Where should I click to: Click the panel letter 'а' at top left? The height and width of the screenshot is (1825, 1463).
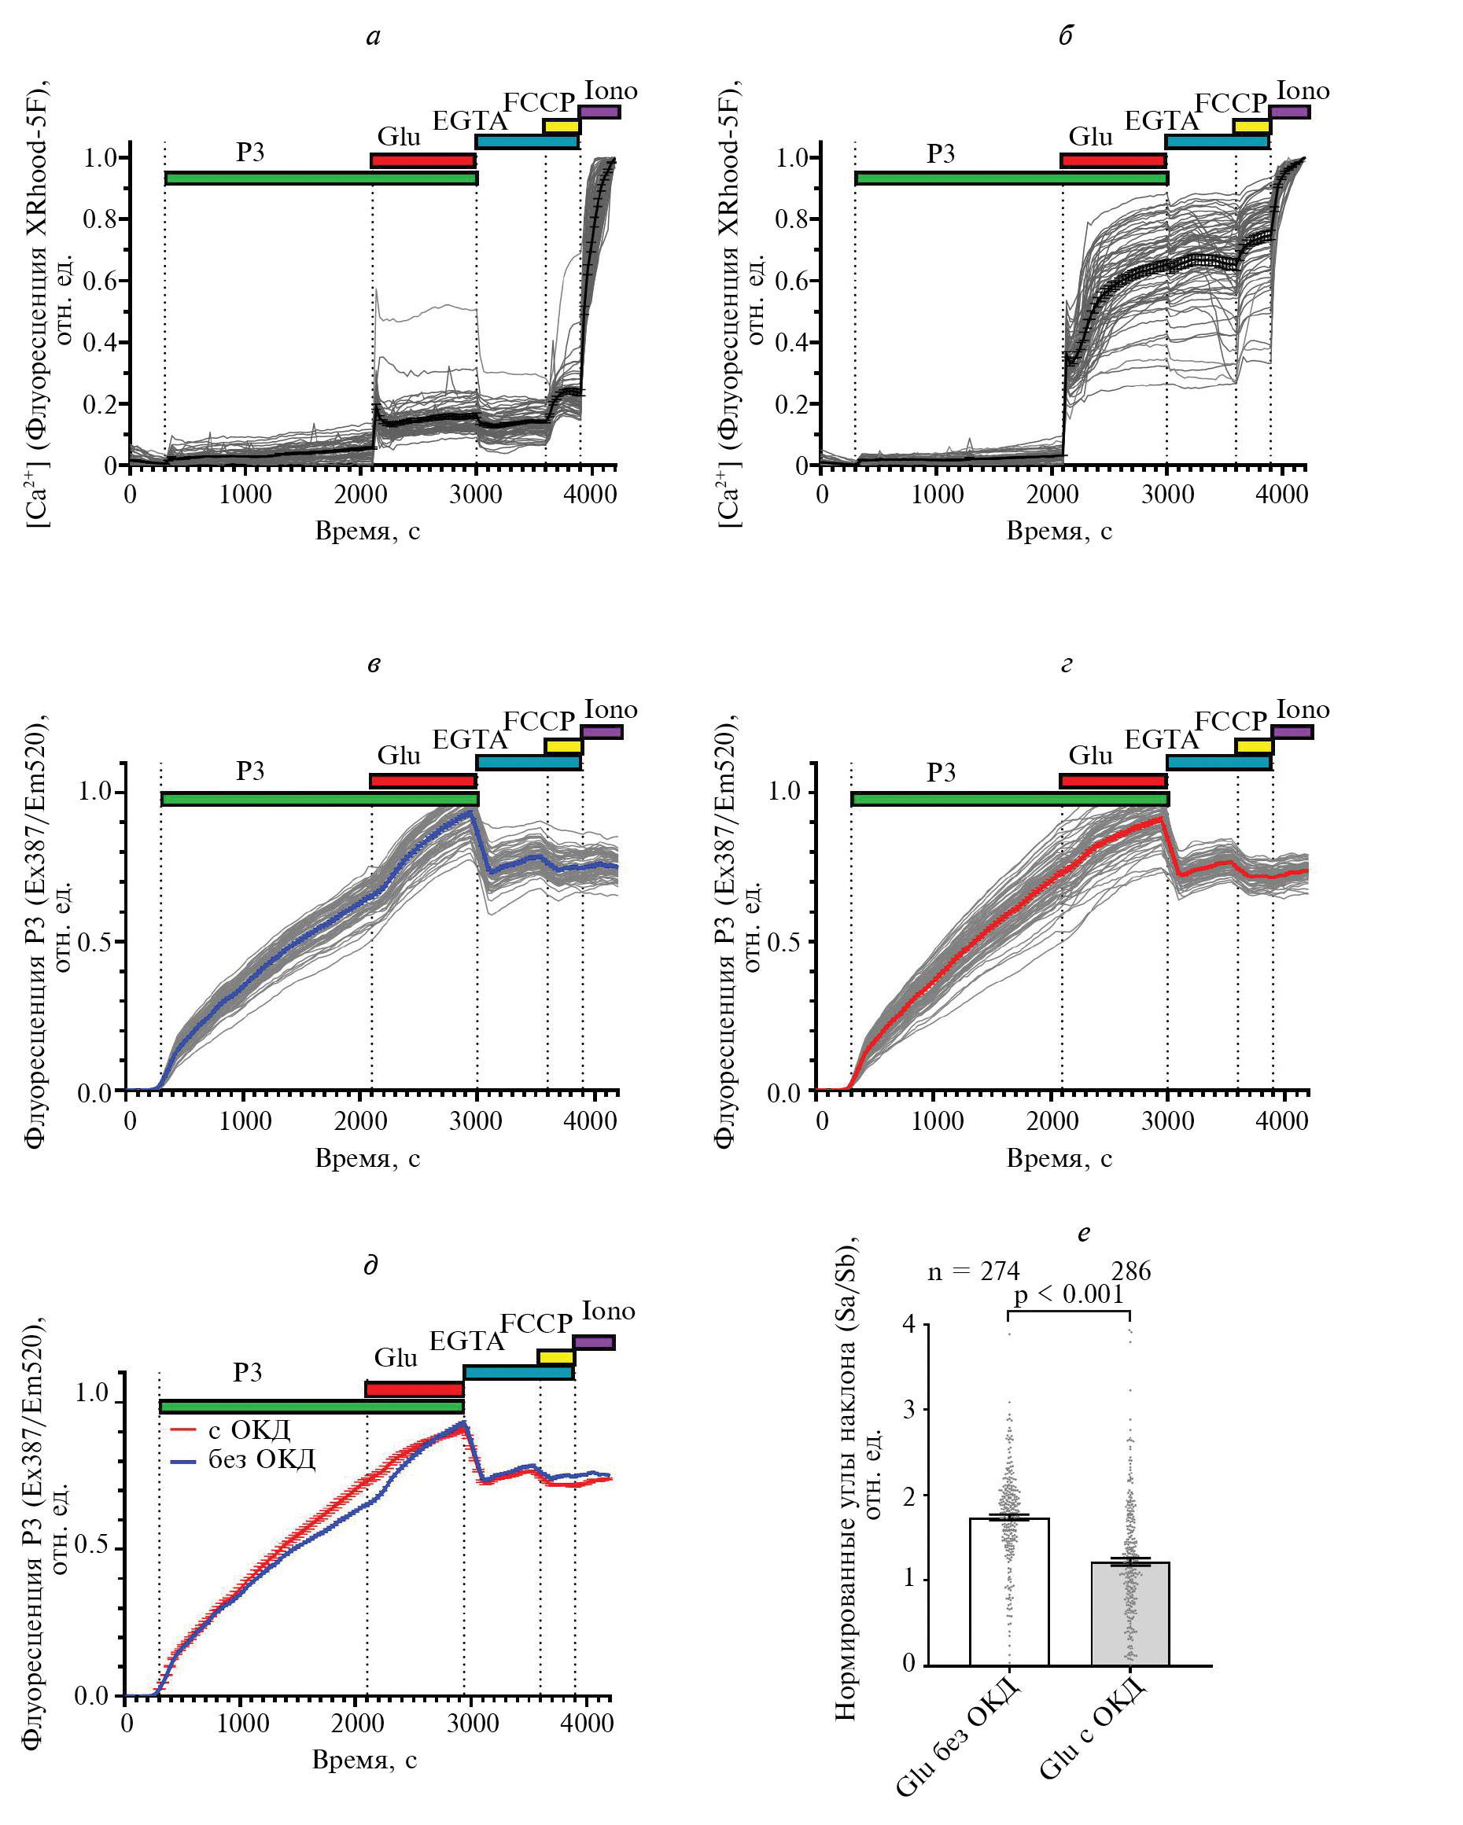[x=374, y=36]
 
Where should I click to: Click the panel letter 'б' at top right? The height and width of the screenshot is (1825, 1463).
[x=1065, y=36]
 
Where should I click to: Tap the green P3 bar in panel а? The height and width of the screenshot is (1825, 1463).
[x=321, y=178]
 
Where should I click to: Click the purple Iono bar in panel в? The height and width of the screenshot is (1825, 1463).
[x=602, y=731]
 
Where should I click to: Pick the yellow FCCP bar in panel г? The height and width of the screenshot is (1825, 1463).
[x=1254, y=745]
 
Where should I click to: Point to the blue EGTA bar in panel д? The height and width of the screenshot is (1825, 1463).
[x=518, y=1372]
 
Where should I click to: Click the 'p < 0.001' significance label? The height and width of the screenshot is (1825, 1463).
[x=1068, y=1294]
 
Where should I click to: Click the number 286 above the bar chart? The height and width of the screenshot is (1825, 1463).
[x=1130, y=1271]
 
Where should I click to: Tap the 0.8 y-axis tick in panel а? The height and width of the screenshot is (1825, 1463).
[x=100, y=219]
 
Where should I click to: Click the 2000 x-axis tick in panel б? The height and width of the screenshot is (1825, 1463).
[x=1052, y=495]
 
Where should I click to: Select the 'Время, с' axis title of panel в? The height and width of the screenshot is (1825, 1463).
[x=367, y=1157]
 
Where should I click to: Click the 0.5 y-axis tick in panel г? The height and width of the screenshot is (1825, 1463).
[x=783, y=942]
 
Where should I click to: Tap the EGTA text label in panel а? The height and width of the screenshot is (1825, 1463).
[x=469, y=121]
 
